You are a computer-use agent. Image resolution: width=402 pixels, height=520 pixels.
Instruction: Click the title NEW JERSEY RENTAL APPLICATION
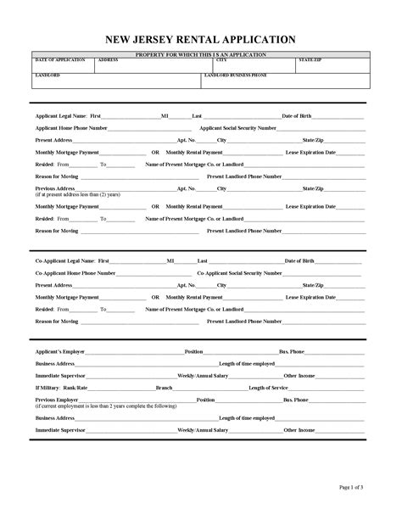(x=200, y=39)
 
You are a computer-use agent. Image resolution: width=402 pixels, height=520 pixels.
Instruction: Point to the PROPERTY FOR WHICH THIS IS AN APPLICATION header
(x=201, y=54)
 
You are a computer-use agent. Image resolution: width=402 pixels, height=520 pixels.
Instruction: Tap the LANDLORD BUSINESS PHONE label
(x=236, y=75)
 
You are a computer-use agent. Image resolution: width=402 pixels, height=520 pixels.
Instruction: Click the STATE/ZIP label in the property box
(x=310, y=61)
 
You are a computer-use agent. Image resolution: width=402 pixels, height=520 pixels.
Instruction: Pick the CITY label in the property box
(x=221, y=61)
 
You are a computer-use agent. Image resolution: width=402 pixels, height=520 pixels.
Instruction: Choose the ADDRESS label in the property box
(x=108, y=61)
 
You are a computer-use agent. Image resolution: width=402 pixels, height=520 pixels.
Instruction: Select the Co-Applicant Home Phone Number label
(x=75, y=274)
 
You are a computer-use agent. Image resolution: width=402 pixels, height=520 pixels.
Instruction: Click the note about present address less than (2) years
(x=77, y=194)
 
